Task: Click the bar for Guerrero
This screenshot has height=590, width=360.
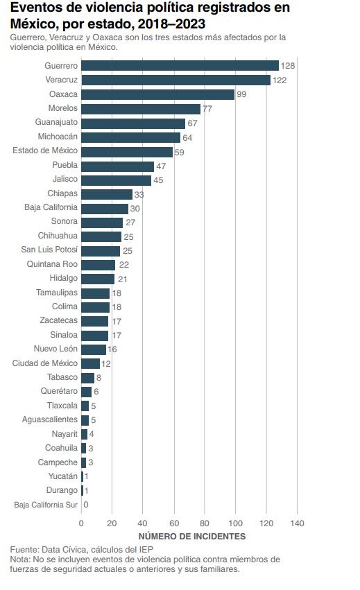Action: point(180,66)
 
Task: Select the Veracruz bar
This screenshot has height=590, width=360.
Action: point(175,80)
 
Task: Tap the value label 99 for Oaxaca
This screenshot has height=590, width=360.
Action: point(241,94)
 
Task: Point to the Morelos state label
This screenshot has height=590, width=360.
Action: point(63,109)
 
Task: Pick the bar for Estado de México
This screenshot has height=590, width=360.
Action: point(127,152)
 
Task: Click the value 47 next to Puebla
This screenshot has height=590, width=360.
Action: point(161,166)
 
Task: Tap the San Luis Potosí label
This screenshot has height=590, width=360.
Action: point(49,250)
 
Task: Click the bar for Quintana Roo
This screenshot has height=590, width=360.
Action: point(98,265)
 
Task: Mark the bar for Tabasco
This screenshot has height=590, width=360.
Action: point(87,378)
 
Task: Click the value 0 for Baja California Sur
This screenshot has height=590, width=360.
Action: point(86,505)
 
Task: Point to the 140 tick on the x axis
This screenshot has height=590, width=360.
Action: point(297,523)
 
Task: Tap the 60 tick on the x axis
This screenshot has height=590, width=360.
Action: point(173,523)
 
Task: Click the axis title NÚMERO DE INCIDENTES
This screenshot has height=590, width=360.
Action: point(191,537)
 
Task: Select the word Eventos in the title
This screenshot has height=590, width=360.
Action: point(35,8)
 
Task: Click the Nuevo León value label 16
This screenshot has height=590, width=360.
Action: point(112,349)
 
